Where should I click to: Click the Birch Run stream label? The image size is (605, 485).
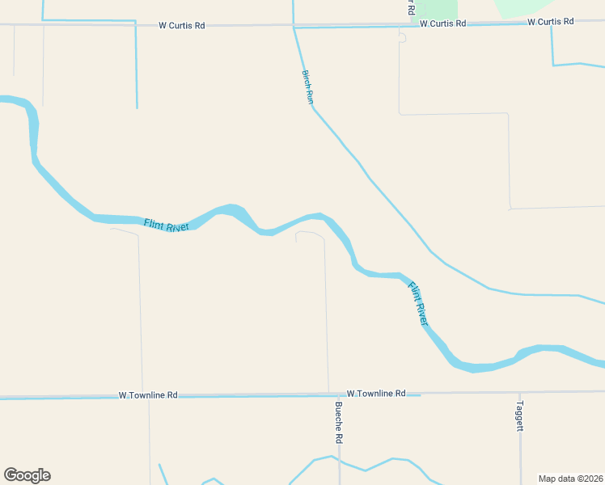[307, 86]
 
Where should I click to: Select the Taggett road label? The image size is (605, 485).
[520, 416]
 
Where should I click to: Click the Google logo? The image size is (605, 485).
[27, 475]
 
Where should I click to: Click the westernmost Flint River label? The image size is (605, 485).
[166, 226]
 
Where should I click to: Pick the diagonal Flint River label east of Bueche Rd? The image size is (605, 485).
[417, 303]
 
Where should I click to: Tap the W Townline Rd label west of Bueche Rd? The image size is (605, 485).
[148, 395]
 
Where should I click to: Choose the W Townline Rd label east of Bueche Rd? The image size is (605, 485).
[376, 393]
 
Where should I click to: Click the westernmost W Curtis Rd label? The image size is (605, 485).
[182, 25]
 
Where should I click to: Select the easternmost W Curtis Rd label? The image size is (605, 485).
[551, 22]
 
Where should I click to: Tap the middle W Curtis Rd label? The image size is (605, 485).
[443, 23]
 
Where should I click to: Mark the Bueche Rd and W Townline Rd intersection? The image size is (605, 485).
[328, 394]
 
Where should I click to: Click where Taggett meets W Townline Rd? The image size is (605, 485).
[520, 392]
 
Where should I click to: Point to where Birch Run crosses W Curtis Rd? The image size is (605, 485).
[294, 26]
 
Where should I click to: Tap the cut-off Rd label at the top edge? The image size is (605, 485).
[411, 7]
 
